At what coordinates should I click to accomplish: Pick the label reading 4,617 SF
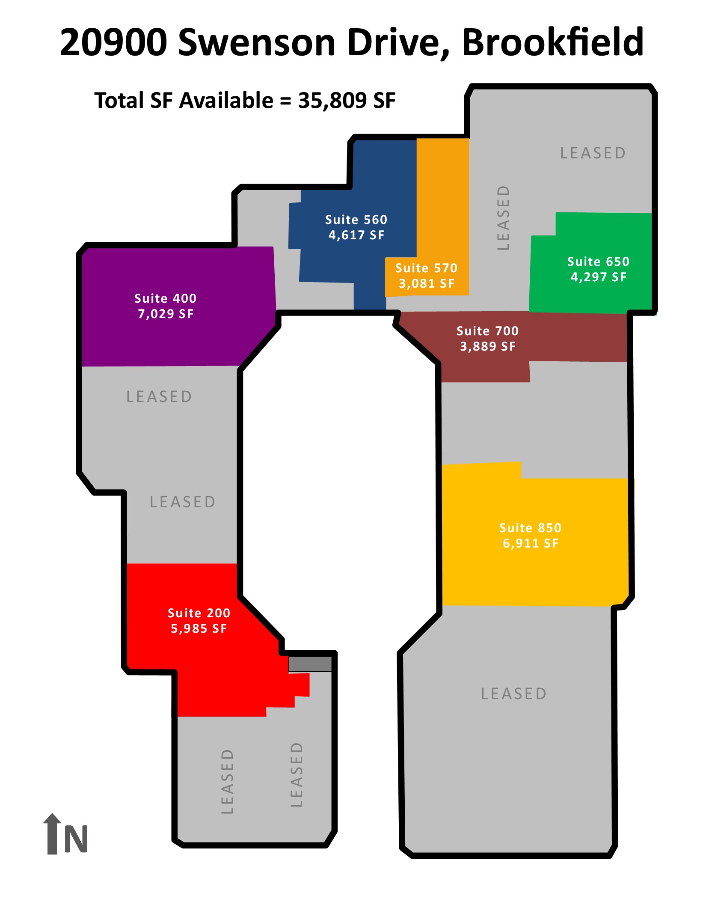point(356,235)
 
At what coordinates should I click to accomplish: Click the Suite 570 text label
point(426,268)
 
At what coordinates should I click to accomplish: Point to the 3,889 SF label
point(488,346)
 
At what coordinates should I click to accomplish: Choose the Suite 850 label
point(530,528)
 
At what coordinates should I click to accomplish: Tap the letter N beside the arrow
point(76,839)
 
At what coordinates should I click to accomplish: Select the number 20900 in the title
point(113,42)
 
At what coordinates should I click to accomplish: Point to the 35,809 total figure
point(332,101)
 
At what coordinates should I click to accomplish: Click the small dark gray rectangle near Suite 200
point(310,664)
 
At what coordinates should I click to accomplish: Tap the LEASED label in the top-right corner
point(593,153)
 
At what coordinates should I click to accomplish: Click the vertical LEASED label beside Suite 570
point(503,217)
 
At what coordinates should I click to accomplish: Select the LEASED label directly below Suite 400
point(159,396)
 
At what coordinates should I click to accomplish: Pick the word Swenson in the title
point(257,42)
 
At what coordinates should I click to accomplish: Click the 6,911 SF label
point(531,543)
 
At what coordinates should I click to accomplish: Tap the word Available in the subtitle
point(226,101)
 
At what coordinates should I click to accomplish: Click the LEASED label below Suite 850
point(514,694)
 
